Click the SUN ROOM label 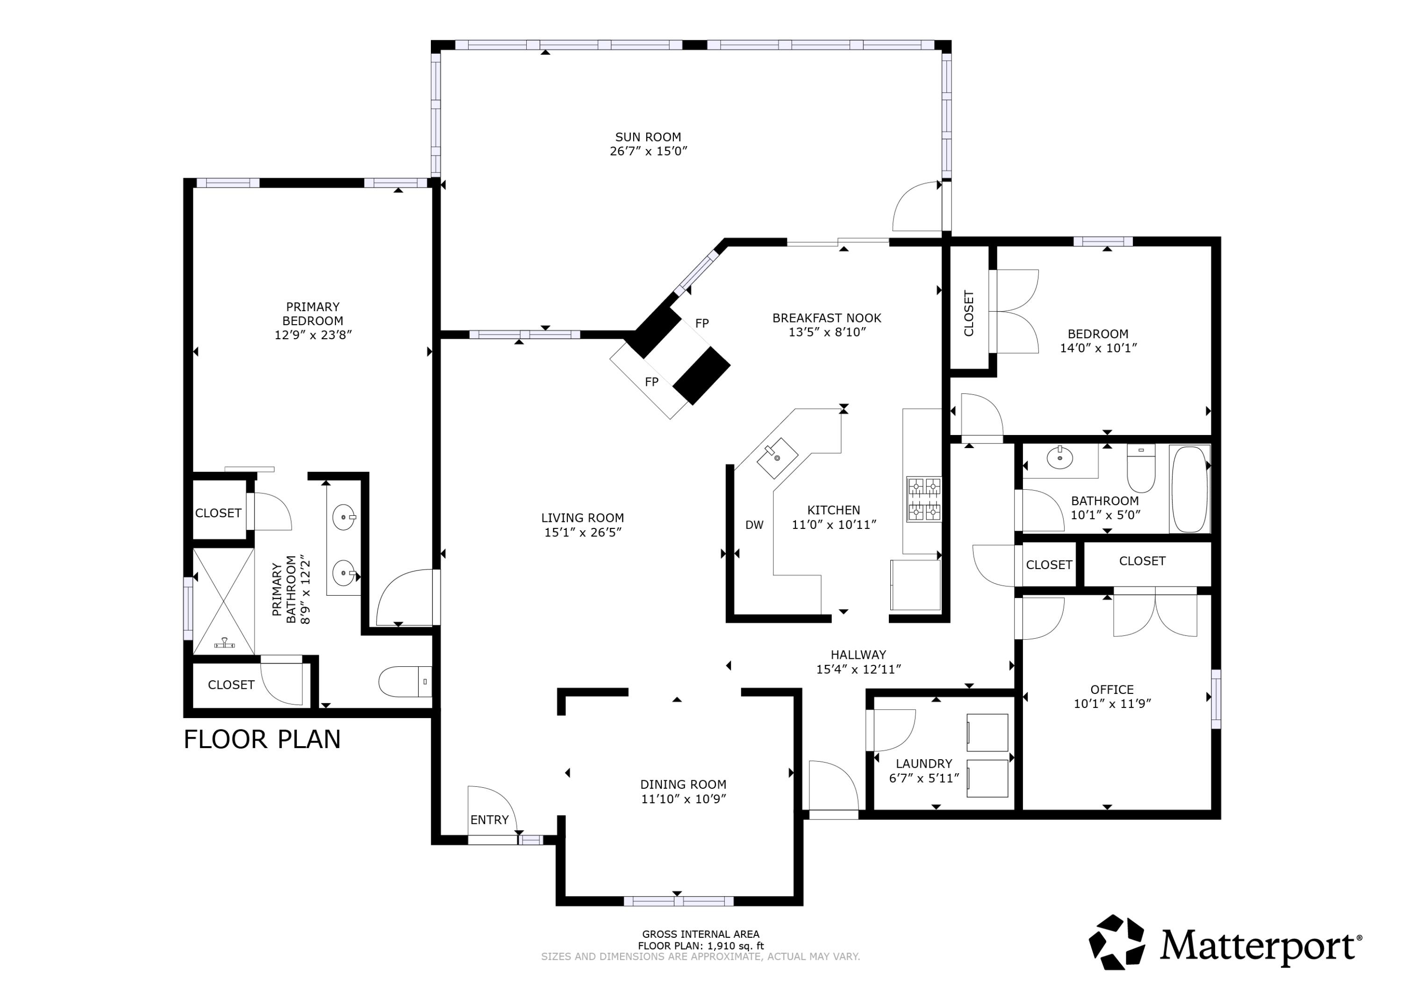[x=648, y=137]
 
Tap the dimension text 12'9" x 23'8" [x=313, y=335]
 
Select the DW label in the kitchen [x=754, y=525]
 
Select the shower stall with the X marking [x=223, y=601]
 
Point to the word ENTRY [x=489, y=820]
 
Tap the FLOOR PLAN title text [x=262, y=740]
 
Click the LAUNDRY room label [x=923, y=764]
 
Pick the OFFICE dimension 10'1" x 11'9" [x=1112, y=703]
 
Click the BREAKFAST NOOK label [x=826, y=318]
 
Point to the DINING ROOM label [x=683, y=784]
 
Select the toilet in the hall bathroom [x=1141, y=469]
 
